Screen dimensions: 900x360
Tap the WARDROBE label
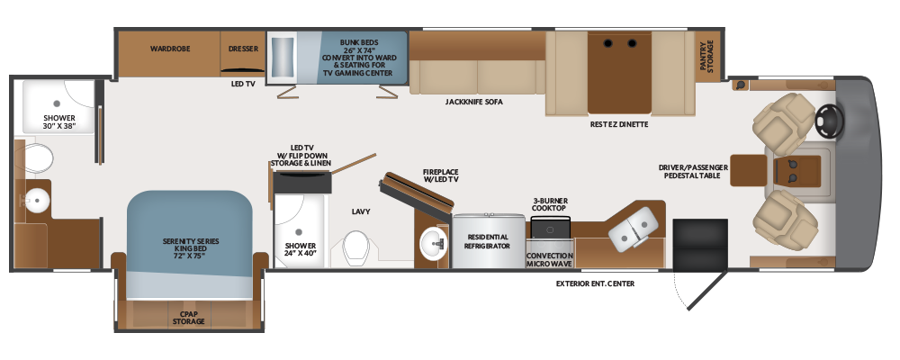170,49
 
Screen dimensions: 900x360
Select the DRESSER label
243,49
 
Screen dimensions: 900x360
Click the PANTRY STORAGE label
706,56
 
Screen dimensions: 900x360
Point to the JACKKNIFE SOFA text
474,103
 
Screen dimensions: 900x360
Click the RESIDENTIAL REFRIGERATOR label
489,241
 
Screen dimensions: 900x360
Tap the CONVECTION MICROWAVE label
550,259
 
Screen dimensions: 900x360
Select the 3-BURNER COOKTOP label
549,203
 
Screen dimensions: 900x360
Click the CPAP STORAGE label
189,318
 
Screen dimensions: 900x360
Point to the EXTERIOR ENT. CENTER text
595,283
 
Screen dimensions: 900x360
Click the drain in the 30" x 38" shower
57,103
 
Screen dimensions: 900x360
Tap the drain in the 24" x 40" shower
299,232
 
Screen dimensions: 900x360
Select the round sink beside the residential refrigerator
434,243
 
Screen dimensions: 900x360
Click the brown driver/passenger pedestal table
749,170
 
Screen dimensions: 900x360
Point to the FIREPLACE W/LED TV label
440,175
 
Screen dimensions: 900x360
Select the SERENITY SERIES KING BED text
191,248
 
